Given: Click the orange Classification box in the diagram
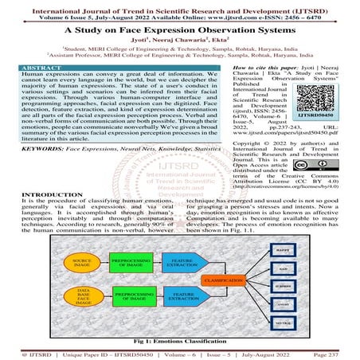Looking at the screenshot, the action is click(x=222, y=281).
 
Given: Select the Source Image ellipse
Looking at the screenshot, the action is click(x=81, y=262).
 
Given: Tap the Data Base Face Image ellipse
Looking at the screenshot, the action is click(x=81, y=298).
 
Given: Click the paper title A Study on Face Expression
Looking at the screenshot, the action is click(x=180, y=27).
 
